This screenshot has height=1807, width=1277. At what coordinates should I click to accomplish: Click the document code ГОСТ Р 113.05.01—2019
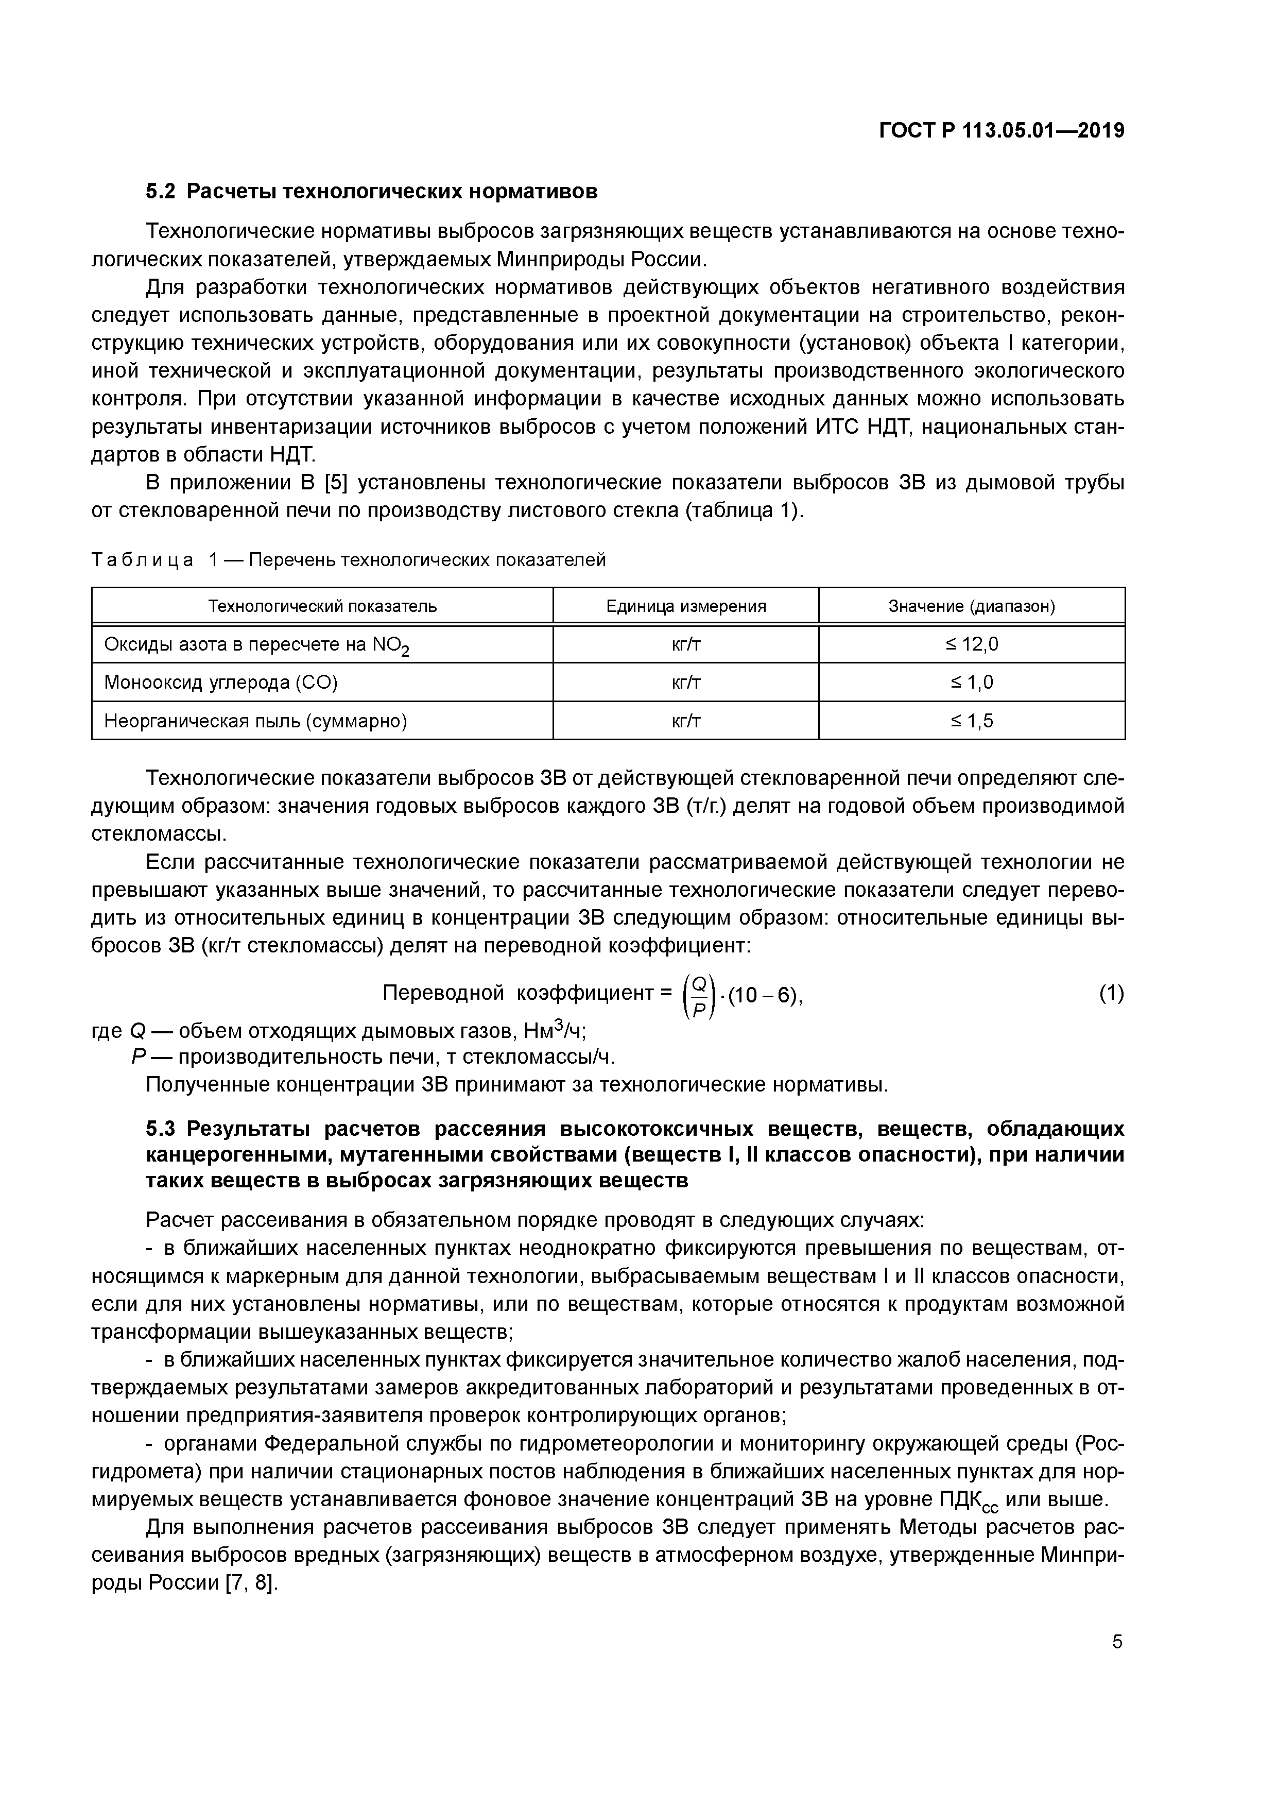click(x=1001, y=131)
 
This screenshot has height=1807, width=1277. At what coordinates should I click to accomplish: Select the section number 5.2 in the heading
click(x=161, y=191)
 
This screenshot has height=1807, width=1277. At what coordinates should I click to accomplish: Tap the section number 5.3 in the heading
click(x=161, y=1129)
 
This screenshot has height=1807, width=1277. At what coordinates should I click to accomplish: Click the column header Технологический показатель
click(x=322, y=606)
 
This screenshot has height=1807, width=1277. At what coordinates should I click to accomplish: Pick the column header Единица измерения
click(x=685, y=606)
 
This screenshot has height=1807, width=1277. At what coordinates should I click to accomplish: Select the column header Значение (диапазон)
click(x=971, y=606)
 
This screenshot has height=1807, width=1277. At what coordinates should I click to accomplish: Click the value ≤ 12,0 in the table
click(x=971, y=644)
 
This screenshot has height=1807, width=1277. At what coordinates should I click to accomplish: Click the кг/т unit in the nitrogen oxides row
click(x=685, y=644)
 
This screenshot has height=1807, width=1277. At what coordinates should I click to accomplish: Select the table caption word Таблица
click(x=143, y=560)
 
